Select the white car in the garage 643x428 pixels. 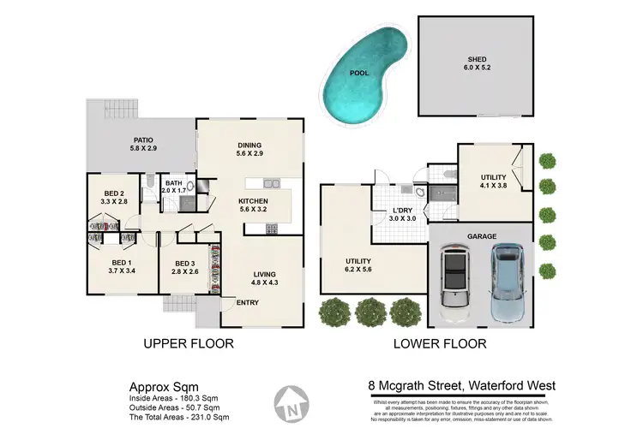[454, 277]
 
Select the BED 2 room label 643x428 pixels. [116, 197]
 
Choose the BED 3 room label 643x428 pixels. [186, 267]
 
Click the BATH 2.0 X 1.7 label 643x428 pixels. [174, 187]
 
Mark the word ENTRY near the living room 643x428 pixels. [247, 302]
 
